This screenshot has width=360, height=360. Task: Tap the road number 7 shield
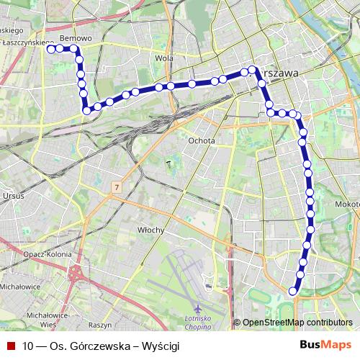(x=115, y=187)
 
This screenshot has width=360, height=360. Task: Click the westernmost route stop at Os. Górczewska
(x=51, y=49)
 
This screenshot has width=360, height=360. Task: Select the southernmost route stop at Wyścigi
(x=292, y=291)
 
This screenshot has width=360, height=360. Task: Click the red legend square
(x=11, y=346)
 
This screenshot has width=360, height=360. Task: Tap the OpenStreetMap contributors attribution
(x=297, y=323)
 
